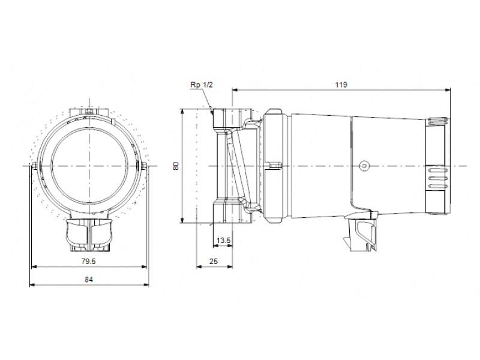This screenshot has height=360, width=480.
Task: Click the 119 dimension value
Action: [341, 85]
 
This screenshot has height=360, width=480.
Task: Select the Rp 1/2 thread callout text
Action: [201, 85]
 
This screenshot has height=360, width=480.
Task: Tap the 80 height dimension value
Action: [176, 166]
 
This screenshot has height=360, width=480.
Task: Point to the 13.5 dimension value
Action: [223, 241]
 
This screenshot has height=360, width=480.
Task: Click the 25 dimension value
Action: [214, 261]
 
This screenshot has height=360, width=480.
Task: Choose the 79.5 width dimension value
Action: [89, 261]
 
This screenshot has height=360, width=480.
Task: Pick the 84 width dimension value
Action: [89, 280]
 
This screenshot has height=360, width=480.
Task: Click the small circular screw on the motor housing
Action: [364, 166]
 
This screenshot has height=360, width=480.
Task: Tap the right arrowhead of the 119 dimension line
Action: [448, 90]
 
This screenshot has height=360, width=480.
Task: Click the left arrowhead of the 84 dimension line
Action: [32, 285]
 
